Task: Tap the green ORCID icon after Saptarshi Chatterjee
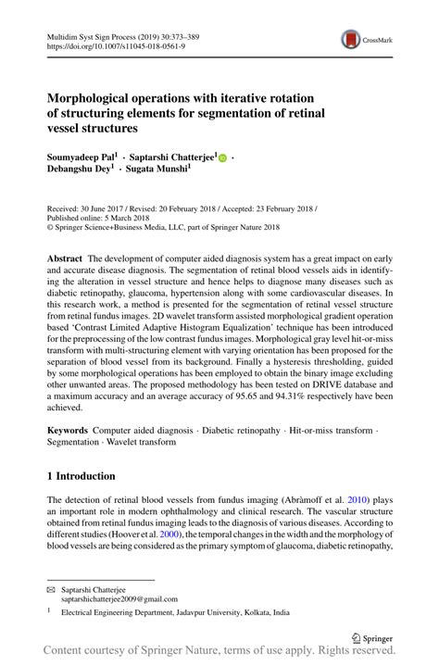[224, 158]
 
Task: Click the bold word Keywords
[68, 433]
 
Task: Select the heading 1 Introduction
[82, 476]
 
